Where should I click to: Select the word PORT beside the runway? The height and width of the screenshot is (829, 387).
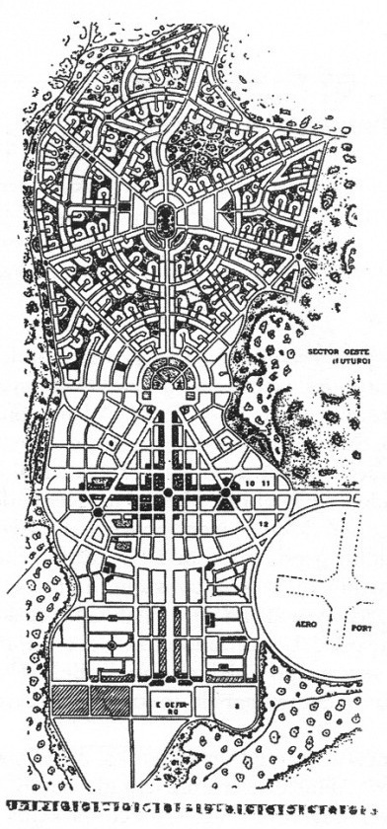pos(349,627)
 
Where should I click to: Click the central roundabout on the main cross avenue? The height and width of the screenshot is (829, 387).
pos(169,490)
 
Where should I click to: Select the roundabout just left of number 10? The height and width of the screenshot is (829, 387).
pos(226,490)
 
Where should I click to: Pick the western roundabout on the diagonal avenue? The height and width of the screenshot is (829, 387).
pos(99,513)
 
